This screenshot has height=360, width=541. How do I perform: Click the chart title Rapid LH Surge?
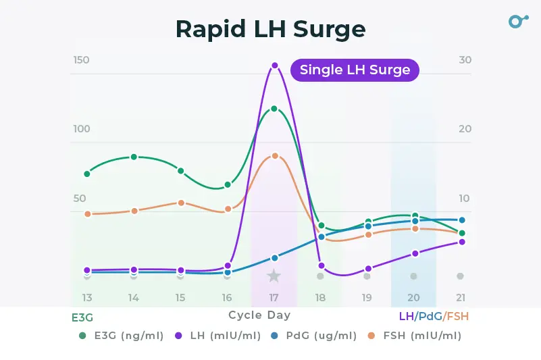point(270,29)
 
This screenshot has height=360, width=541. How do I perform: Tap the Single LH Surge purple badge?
point(355,70)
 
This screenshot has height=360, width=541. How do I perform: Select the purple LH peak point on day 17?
point(275,66)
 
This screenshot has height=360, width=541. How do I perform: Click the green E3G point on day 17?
point(274,108)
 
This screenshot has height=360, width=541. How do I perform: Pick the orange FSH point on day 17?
point(275,155)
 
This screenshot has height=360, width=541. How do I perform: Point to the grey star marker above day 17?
point(274,276)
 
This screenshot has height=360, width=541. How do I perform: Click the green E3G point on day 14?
point(134,157)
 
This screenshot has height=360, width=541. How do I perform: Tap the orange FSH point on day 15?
point(181,203)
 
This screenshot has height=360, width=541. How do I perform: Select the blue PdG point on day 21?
point(462,220)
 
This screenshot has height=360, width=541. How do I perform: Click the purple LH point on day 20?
point(415,253)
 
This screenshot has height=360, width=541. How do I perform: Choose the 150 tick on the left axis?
point(81,60)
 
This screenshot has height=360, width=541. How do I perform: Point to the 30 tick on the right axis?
point(465,60)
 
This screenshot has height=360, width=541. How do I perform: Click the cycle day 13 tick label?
point(87,297)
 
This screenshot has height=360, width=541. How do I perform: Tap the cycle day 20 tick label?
point(413,297)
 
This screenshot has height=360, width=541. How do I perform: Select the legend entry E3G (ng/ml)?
point(121,336)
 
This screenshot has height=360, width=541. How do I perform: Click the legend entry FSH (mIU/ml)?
point(413,336)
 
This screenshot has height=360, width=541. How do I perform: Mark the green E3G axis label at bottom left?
point(82,316)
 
